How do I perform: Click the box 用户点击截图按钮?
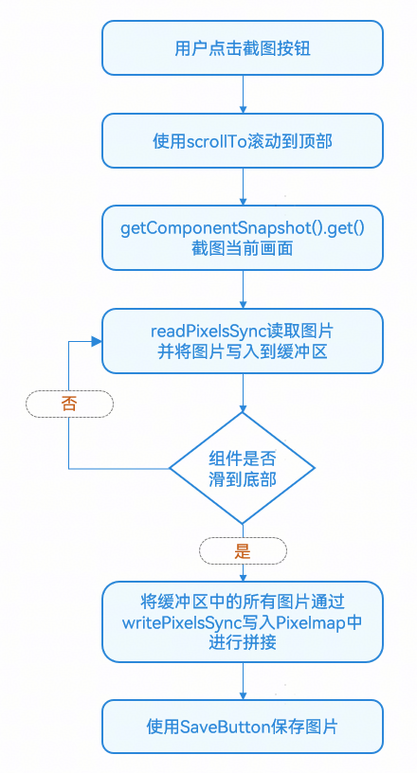pos(243,46)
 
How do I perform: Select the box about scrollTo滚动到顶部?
pos(243,140)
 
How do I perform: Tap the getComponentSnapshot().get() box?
pos(243,239)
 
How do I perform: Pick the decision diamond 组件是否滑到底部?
pos(243,468)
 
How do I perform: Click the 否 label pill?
pos(69,403)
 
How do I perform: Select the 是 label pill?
pos(243,549)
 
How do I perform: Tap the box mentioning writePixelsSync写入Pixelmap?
pos(243,621)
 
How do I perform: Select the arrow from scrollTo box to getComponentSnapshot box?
pos(243,188)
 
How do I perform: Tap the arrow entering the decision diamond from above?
pos(243,391)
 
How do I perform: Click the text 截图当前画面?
pos(243,249)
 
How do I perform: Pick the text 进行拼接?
pos(243,641)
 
